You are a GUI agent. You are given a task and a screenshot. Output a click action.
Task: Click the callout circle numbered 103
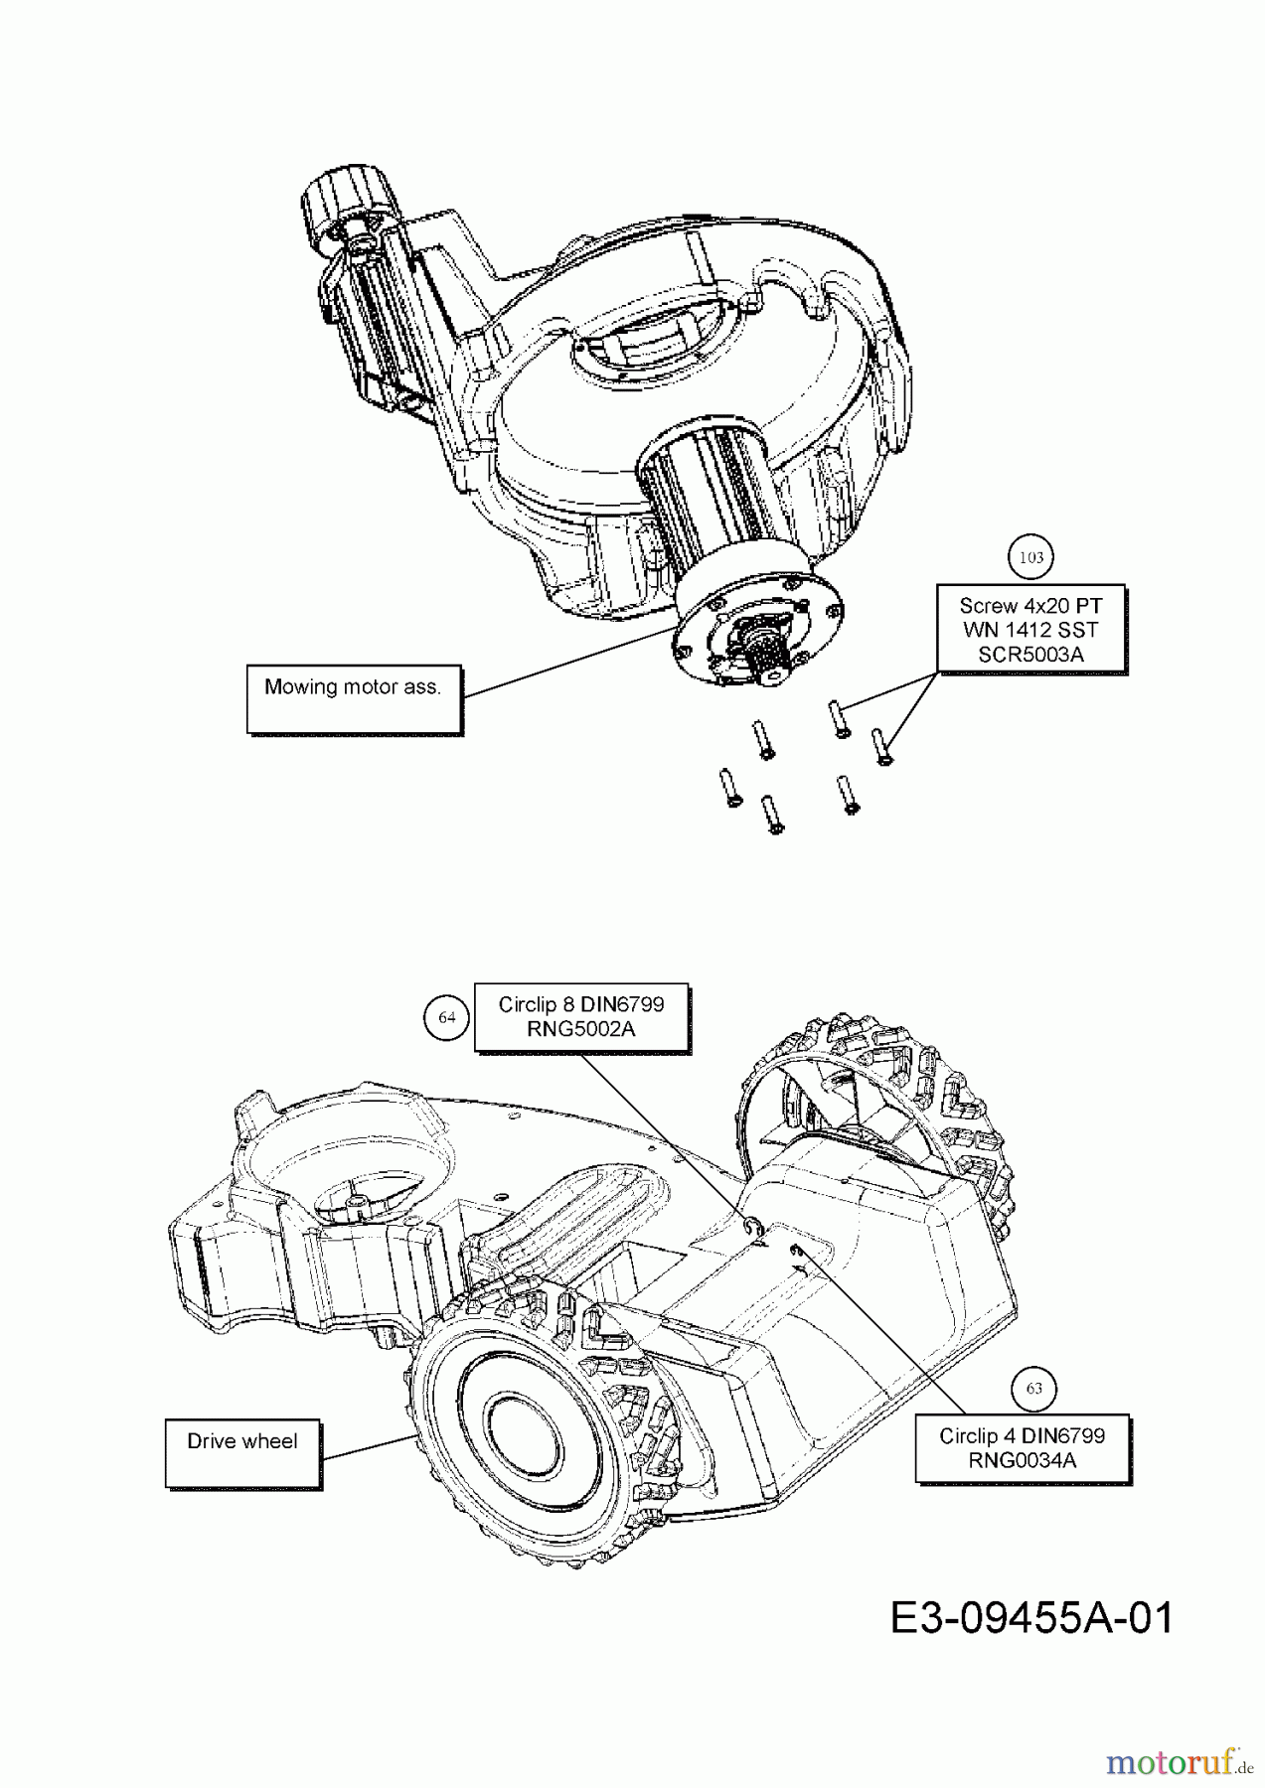pyautogui.click(x=1031, y=557)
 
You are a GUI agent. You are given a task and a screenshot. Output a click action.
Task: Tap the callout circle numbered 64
pyautogui.click(x=446, y=1017)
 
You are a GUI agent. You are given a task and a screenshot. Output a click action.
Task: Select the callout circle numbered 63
pyautogui.click(x=1033, y=1388)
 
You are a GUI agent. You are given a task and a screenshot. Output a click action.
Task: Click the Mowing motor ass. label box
pyautogui.click(x=354, y=698)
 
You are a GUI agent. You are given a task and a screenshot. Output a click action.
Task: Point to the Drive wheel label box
pyautogui.click(x=242, y=1451)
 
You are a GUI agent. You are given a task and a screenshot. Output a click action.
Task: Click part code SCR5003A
pyautogui.click(x=1030, y=654)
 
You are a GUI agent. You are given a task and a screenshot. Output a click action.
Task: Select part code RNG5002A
pyautogui.click(x=581, y=1029)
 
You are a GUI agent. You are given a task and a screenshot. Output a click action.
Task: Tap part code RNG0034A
pyautogui.click(x=1023, y=1460)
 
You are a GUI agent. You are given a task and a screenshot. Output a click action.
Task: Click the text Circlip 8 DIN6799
pyautogui.click(x=581, y=1004)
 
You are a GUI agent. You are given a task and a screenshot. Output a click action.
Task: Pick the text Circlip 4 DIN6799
pyautogui.click(x=1023, y=1435)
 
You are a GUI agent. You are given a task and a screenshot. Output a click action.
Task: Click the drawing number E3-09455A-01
pyautogui.click(x=1030, y=1617)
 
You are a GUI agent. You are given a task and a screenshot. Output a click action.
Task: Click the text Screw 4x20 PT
pyautogui.click(x=1030, y=605)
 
